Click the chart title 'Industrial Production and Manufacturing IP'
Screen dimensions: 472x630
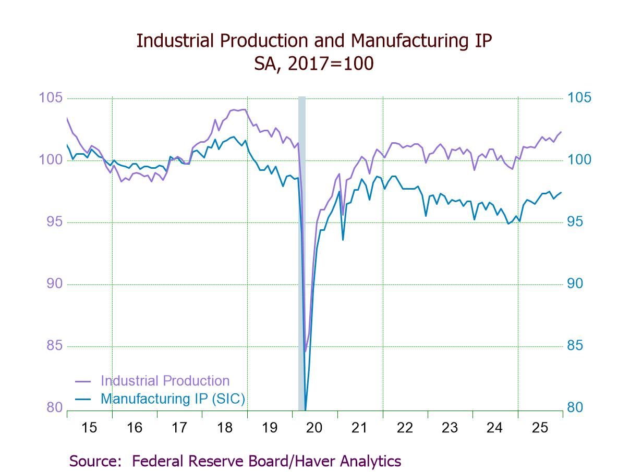pos(314,41)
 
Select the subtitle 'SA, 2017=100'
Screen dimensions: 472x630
pos(314,64)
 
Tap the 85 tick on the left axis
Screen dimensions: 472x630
pos(54,346)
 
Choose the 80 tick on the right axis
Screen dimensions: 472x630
pos(576,407)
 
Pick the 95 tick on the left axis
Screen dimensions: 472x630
pos(54,222)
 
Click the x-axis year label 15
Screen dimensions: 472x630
pos(89,428)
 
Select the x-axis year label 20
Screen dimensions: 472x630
pos(314,428)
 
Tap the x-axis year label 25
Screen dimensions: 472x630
pos(540,428)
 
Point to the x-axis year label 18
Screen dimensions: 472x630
pos(224,428)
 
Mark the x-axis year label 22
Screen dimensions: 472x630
pos(405,428)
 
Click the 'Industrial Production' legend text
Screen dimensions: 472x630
pos(165,381)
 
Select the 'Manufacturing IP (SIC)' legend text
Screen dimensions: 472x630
pos(173,399)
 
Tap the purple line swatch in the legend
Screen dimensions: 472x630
pos(83,381)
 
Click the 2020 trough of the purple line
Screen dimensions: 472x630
pos(305,352)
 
